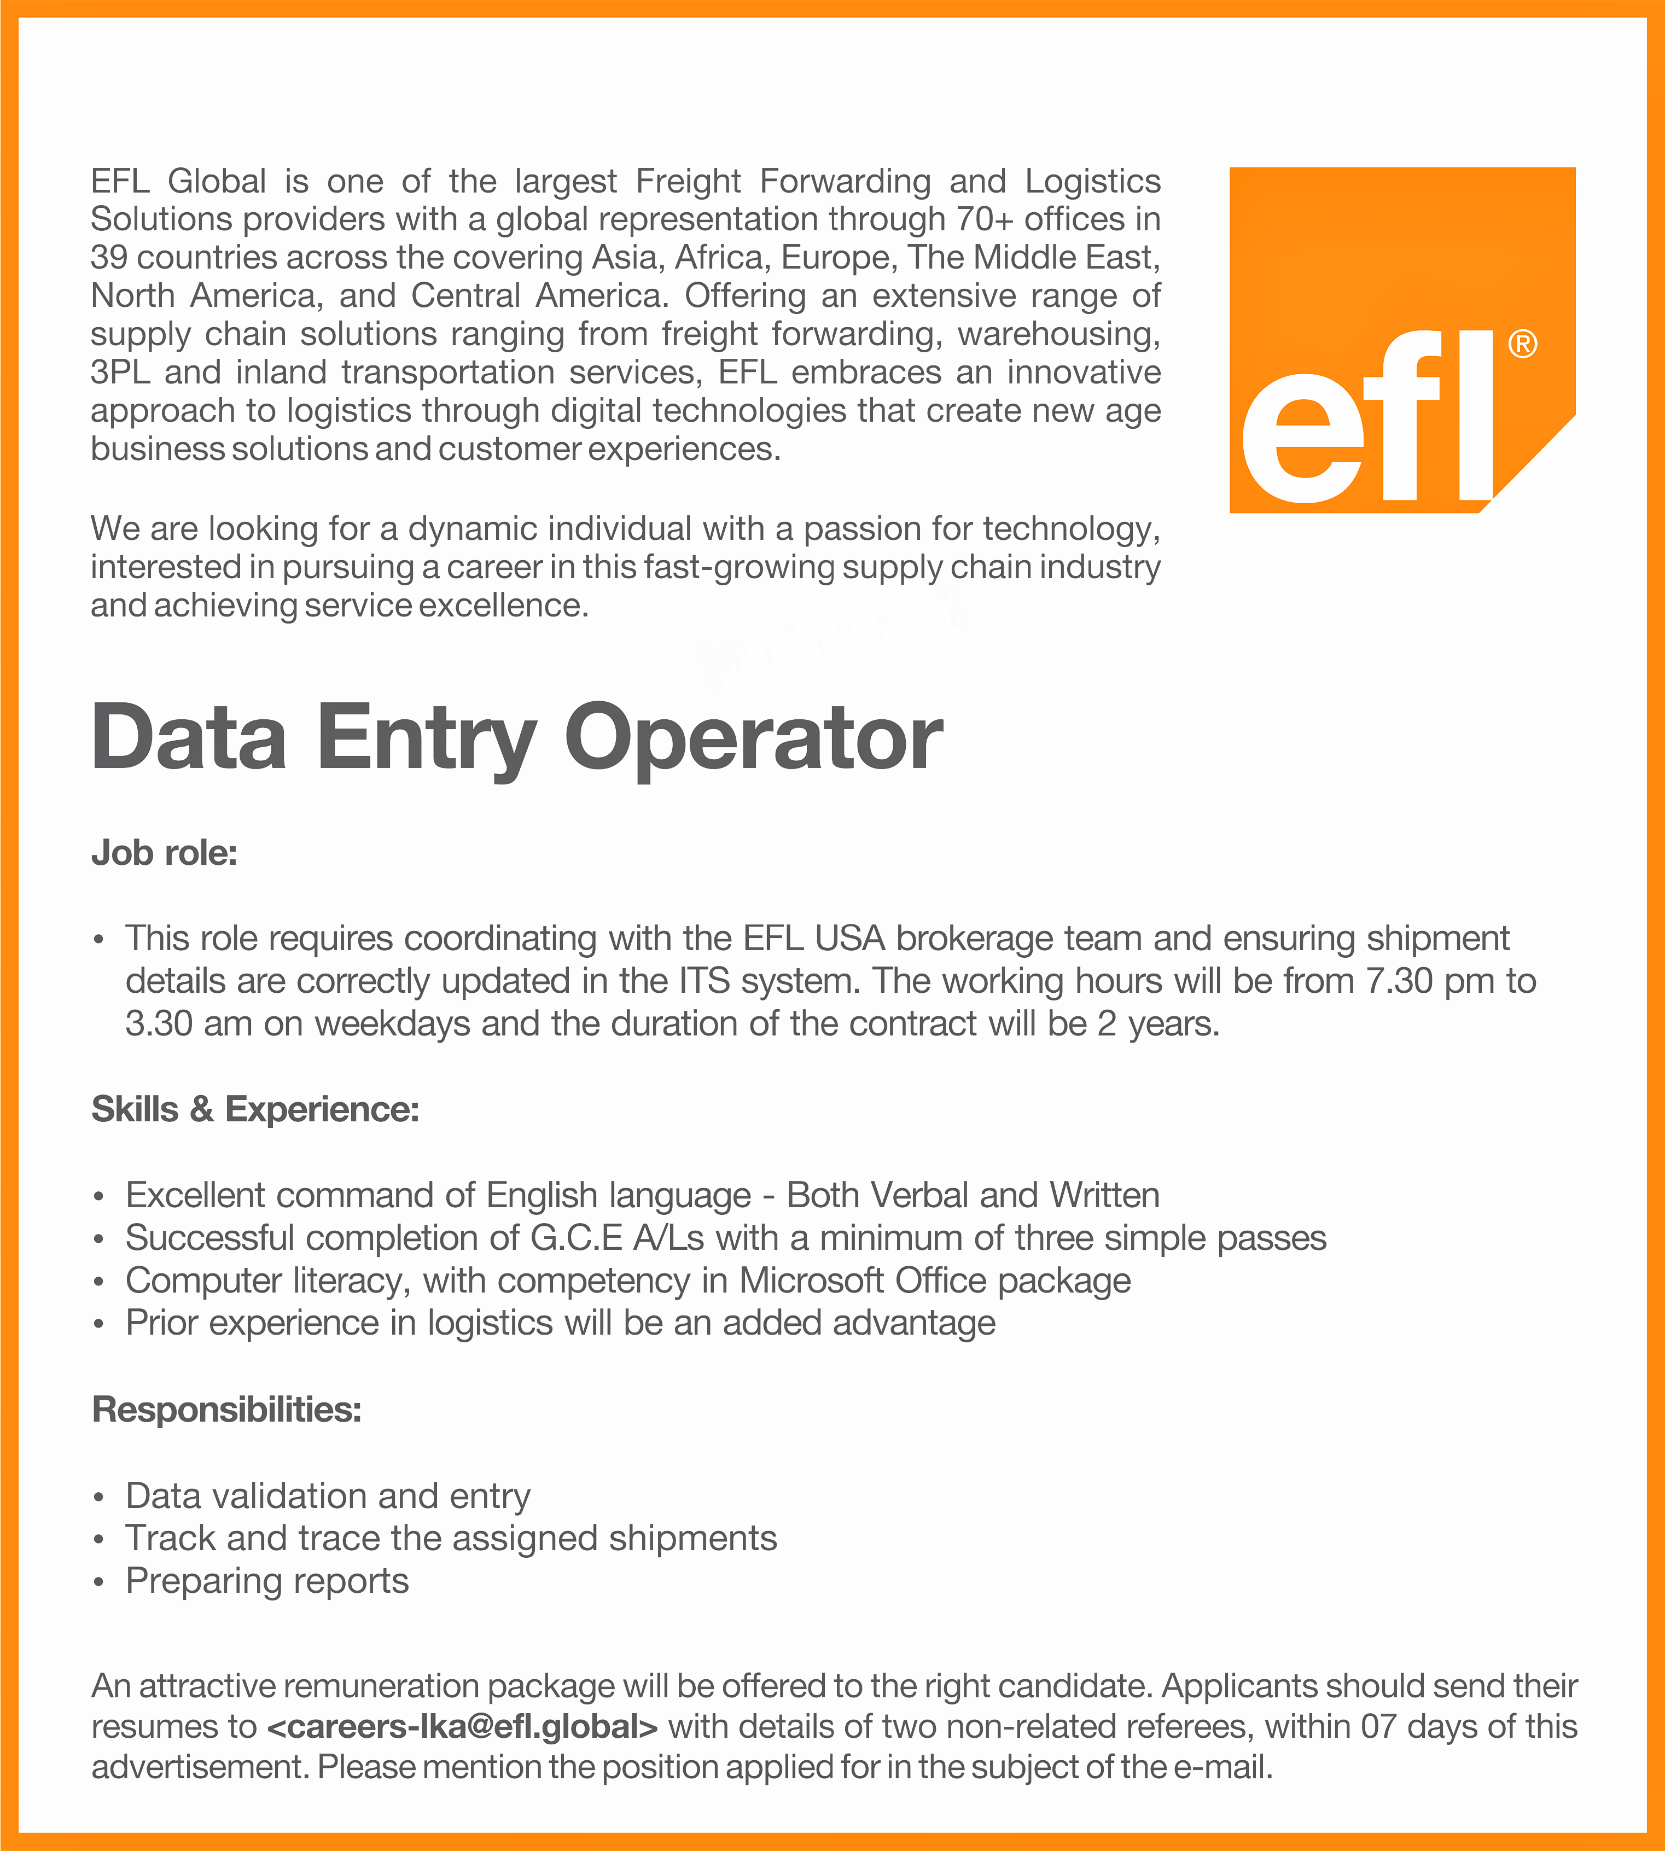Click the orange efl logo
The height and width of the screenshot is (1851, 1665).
tap(1401, 340)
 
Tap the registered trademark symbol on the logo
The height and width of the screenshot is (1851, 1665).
tap(1522, 345)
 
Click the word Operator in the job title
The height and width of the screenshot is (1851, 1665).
tap(753, 738)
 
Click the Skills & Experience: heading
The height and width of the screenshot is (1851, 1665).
tap(255, 1109)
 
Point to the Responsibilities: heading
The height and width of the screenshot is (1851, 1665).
tap(227, 1409)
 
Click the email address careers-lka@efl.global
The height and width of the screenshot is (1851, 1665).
tap(463, 1727)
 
